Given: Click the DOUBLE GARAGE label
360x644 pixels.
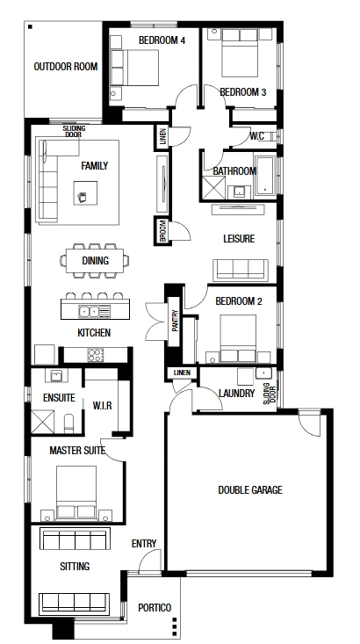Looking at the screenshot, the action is pyautogui.click(x=250, y=489).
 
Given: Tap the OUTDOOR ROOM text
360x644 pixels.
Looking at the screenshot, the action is pyautogui.click(x=66, y=67).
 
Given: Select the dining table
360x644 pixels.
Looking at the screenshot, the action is pyautogui.click(x=95, y=260).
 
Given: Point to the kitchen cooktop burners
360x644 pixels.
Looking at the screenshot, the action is pyautogui.click(x=95, y=355).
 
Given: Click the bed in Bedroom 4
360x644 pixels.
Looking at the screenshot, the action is pyautogui.click(x=134, y=68).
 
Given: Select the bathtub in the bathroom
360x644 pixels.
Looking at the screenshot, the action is pyautogui.click(x=265, y=176).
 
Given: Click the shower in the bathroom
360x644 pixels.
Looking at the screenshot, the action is pyautogui.click(x=213, y=188).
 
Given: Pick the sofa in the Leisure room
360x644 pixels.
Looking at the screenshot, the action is pyautogui.click(x=240, y=270).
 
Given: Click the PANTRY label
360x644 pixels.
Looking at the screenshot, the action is pyautogui.click(x=175, y=320).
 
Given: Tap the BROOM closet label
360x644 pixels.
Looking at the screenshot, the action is pyautogui.click(x=162, y=230).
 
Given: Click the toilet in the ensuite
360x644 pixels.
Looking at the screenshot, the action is pyautogui.click(x=69, y=423).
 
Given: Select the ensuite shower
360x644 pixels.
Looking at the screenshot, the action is pyautogui.click(x=43, y=422).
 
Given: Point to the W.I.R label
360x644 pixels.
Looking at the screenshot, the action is pyautogui.click(x=102, y=406).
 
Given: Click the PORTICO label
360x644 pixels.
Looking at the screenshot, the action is pyautogui.click(x=155, y=608).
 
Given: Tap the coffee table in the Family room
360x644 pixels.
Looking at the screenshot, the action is pyautogui.click(x=85, y=193).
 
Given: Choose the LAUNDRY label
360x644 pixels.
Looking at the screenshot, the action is pyautogui.click(x=236, y=394).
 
